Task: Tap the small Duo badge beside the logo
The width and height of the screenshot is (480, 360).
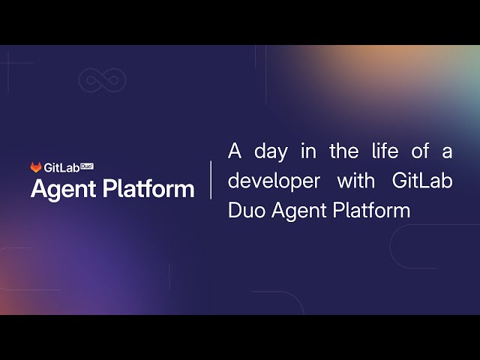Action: (86, 165)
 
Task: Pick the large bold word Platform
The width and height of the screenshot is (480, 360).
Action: (149, 188)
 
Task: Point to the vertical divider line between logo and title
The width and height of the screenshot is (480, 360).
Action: (211, 180)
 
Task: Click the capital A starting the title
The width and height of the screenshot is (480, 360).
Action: (235, 151)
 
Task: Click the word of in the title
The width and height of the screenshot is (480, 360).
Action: (420, 151)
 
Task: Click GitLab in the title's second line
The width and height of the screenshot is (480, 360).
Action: (422, 181)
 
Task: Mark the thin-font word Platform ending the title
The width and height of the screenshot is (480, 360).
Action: (373, 211)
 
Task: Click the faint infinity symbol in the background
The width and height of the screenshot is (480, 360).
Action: (102, 79)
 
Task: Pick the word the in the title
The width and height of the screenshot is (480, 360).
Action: (343, 151)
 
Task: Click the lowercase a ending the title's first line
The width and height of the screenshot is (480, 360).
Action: (447, 152)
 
